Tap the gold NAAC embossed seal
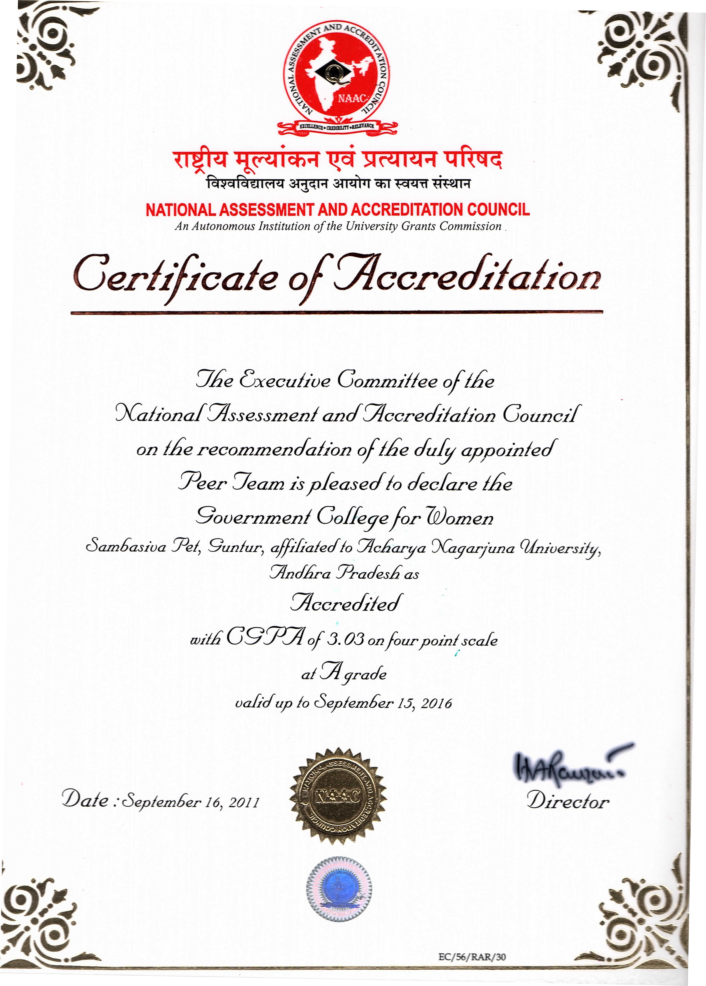pyautogui.click(x=338, y=795)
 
